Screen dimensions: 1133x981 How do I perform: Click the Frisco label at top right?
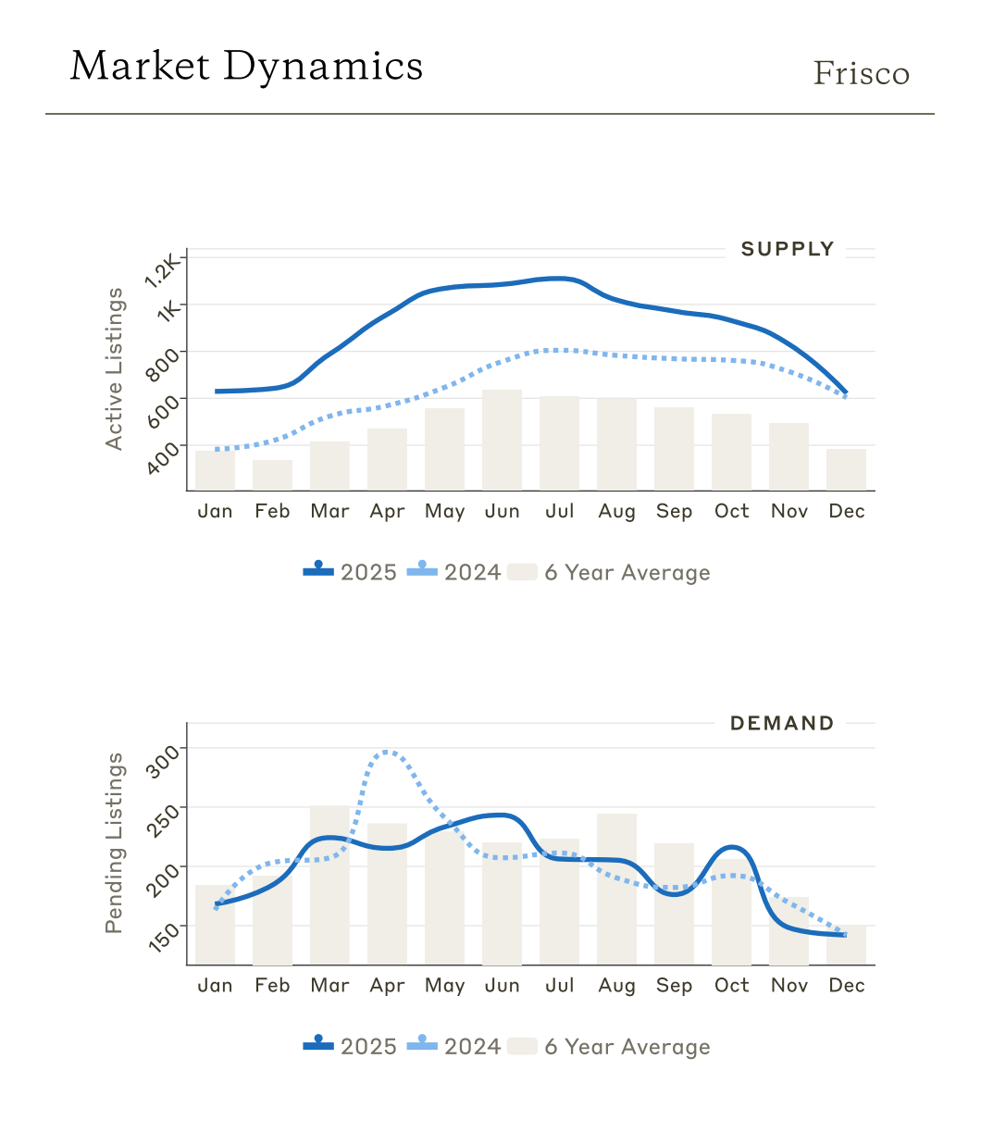pos(861,73)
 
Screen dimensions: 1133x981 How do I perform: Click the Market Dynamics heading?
pos(246,66)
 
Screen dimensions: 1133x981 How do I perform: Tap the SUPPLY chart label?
pos(788,249)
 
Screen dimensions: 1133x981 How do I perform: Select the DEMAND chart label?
pos(782,723)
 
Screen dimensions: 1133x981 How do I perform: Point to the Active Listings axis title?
pos(114,368)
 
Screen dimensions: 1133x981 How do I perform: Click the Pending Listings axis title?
pos(114,842)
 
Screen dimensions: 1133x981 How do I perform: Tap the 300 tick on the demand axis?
pos(165,757)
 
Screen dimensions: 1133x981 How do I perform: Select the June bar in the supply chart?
pos(502,440)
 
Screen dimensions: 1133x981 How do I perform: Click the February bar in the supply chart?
pos(272,475)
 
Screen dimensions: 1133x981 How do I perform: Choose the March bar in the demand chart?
pos(329,885)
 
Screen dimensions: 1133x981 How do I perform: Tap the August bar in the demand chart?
pos(616,889)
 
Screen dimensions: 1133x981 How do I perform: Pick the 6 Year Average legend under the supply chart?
pos(611,572)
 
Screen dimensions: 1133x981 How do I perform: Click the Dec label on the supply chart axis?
pos(846,511)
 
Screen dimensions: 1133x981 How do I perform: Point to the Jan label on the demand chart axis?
pos(215,985)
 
